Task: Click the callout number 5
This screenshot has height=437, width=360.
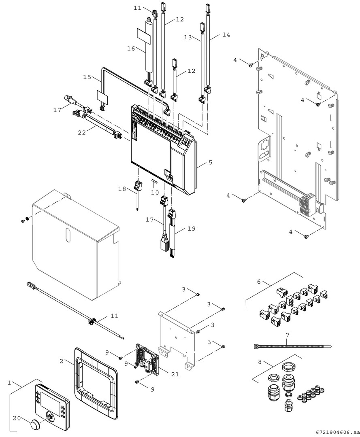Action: (210, 162)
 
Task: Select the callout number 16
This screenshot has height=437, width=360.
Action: (131, 49)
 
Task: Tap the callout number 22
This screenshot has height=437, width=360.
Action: (82, 132)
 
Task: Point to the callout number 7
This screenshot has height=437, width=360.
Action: (288, 335)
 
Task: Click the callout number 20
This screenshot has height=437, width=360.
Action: (16, 418)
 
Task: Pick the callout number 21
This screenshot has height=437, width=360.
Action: (175, 374)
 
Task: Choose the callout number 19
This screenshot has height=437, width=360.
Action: (191, 229)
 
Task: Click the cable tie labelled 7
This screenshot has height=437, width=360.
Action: (292, 347)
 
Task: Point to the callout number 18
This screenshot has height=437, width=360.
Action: (122, 189)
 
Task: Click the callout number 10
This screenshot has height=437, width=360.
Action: (155, 193)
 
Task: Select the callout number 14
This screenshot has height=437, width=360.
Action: (226, 35)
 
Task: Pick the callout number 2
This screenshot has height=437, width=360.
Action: (62, 361)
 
